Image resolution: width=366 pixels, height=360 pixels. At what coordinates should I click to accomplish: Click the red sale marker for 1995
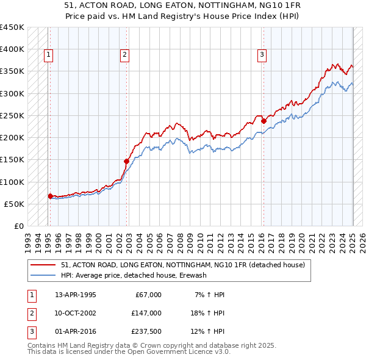click(50, 196)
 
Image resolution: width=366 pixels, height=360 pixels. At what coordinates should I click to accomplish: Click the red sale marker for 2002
click(126, 161)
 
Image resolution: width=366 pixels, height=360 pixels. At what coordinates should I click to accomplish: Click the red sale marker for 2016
click(264, 121)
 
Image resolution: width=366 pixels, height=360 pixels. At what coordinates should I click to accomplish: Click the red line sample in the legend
click(43, 265)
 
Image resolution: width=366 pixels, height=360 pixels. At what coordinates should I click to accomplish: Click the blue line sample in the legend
click(43, 275)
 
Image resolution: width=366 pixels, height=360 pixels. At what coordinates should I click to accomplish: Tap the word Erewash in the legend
click(195, 275)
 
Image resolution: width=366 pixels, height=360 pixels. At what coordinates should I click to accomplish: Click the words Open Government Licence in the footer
click(174, 352)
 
